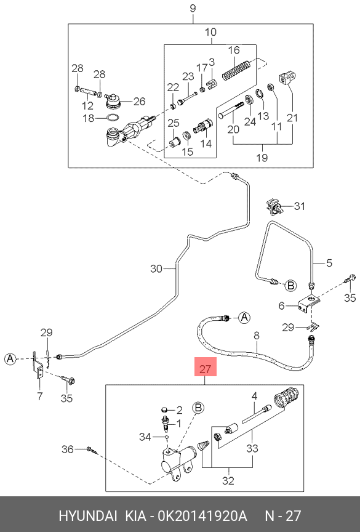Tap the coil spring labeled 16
(x=237, y=70)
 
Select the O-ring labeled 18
(x=113, y=118)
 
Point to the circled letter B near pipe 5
(x=290, y=286)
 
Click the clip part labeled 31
(x=274, y=206)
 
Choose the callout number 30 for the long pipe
(x=156, y=268)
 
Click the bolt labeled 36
(x=92, y=450)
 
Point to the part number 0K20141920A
(x=202, y=516)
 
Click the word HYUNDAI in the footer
(x=88, y=516)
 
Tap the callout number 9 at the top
(x=193, y=8)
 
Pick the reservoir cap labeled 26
(x=112, y=101)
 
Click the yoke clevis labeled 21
(x=289, y=78)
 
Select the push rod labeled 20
(x=231, y=110)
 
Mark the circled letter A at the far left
(x=10, y=358)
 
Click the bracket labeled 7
(x=38, y=366)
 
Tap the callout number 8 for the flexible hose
(x=256, y=336)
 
